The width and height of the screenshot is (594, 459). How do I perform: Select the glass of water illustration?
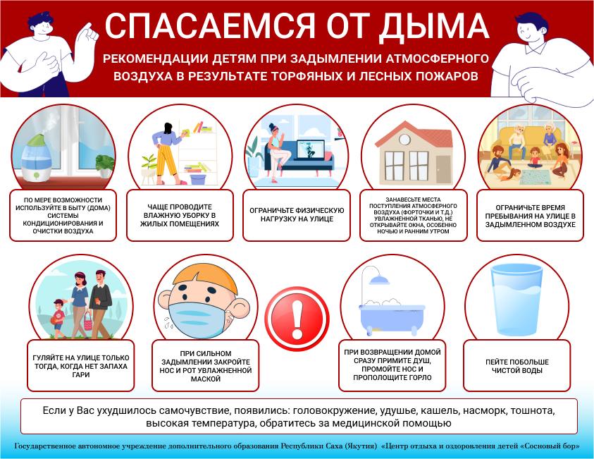point(516,300)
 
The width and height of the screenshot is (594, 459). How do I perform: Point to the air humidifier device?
point(36,159)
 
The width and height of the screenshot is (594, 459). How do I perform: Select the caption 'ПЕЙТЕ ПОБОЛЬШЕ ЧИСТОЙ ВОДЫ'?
point(516,366)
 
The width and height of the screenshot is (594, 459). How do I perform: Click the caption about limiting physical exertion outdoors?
point(297,214)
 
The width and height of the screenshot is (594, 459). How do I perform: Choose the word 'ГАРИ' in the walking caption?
point(81,375)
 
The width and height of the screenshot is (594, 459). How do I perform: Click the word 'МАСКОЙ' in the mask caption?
point(206,379)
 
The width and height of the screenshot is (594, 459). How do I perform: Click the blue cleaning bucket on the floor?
point(197,178)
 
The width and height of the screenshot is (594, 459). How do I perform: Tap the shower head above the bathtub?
point(379,280)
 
